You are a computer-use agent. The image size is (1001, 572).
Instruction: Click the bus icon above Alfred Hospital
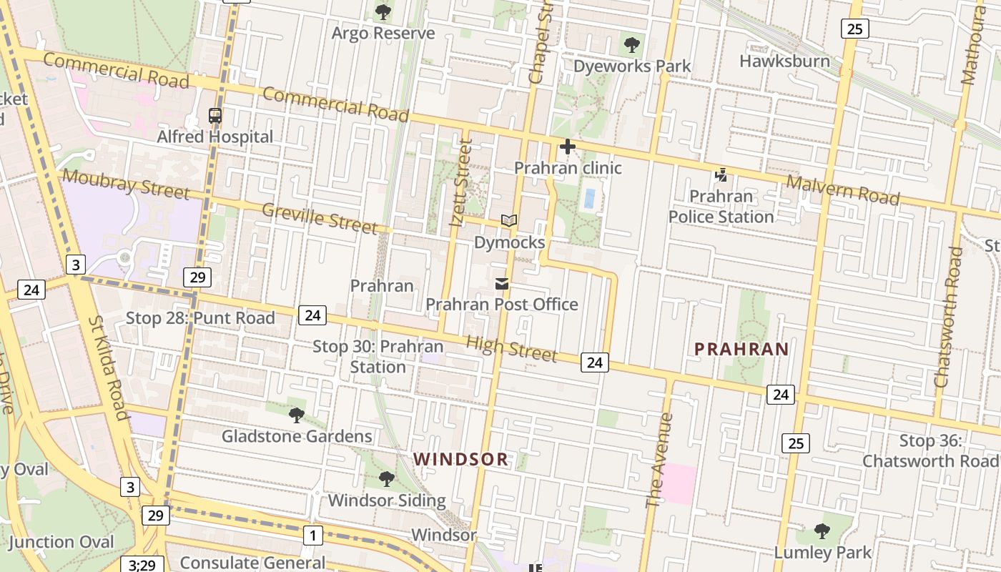214,115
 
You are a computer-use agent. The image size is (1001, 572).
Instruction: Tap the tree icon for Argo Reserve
383,12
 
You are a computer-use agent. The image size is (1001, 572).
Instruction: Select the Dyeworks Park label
632,66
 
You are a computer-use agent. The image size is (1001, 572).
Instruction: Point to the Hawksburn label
784,61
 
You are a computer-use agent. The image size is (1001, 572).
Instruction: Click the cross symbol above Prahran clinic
568,147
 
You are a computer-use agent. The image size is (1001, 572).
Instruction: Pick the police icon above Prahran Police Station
721,174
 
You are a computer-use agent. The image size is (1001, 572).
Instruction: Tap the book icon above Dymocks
509,221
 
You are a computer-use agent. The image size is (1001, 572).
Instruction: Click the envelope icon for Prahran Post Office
502,284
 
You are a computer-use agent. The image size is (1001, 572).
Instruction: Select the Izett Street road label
461,184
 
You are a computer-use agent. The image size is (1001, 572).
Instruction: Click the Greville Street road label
320,218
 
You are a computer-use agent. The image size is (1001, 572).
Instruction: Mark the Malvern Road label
842,190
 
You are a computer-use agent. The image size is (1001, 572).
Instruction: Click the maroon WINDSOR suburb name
461,459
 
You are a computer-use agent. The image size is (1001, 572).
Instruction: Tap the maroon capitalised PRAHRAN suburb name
741,349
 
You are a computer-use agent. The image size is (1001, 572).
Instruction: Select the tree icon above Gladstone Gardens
296,415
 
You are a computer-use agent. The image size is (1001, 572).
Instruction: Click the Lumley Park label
823,552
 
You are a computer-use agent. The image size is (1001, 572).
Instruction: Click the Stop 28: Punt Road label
200,318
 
